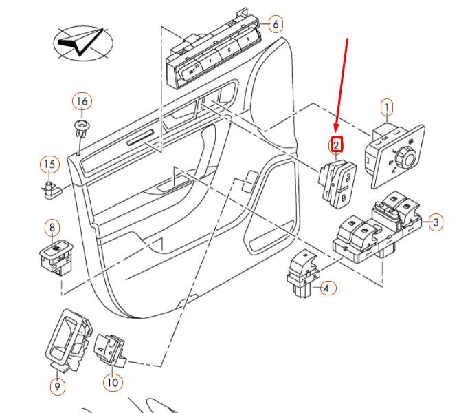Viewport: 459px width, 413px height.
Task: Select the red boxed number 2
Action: (336, 145)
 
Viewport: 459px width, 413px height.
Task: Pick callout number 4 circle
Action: (328, 288)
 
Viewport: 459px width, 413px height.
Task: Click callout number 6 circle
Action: (274, 24)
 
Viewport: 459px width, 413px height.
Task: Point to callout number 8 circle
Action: (52, 226)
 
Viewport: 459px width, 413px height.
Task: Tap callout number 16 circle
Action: (82, 102)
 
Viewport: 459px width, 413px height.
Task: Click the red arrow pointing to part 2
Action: (342, 83)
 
